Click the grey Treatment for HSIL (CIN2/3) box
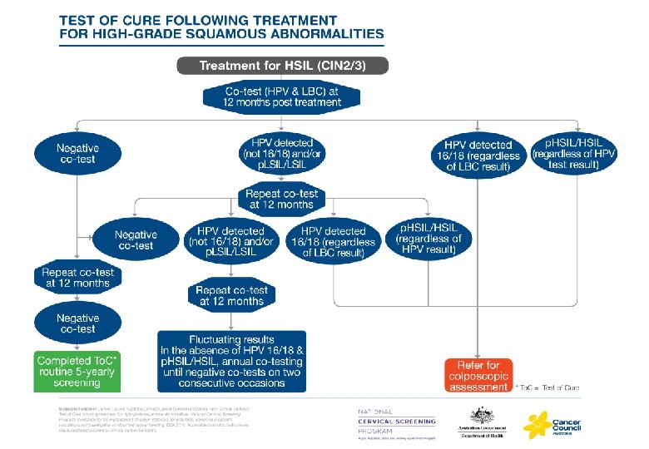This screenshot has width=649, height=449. [x=282, y=66]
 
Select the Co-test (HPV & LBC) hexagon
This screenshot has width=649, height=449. [x=282, y=96]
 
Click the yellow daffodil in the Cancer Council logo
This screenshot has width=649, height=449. [x=537, y=423]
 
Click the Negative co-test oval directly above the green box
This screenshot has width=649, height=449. [x=77, y=323]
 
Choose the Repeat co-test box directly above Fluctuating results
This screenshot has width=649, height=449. [x=230, y=295]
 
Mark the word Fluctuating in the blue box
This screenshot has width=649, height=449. [x=215, y=339]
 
